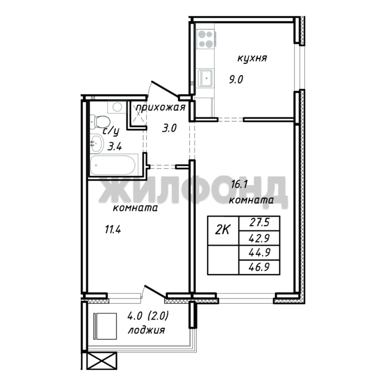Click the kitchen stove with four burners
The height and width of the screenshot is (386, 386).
(x=206, y=39)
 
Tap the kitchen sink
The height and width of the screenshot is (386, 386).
(x=206, y=78)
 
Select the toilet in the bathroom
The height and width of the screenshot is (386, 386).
(x=100, y=122)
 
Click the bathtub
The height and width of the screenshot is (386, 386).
(x=113, y=165)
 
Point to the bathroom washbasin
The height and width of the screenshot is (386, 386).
(x=96, y=143)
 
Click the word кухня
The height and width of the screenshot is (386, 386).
(x=252, y=59)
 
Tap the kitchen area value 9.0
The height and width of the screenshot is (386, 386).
(x=236, y=80)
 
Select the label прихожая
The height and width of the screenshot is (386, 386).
(x=160, y=108)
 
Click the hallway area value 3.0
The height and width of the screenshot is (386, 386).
(x=169, y=128)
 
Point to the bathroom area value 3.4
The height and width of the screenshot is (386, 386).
(x=115, y=147)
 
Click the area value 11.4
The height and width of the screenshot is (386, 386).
(x=113, y=230)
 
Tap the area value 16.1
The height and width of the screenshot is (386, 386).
(x=239, y=184)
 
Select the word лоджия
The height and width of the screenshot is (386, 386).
(x=146, y=330)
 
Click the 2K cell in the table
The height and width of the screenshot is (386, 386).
(x=223, y=231)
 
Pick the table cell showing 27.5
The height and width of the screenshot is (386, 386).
(x=259, y=223)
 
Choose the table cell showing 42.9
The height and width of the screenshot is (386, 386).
(x=259, y=238)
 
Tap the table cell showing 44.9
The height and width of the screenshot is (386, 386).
(x=259, y=253)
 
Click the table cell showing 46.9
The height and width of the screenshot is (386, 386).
(x=259, y=267)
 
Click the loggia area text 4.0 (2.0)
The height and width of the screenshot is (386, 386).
(x=148, y=316)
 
